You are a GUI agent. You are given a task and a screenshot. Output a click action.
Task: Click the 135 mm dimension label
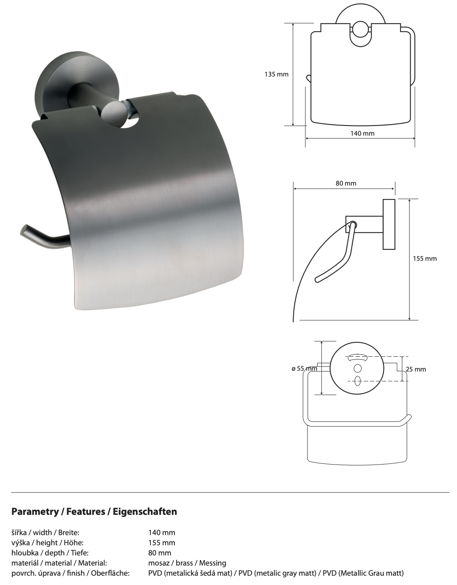tap(276, 74)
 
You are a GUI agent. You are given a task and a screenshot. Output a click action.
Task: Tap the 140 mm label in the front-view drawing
tap(362, 133)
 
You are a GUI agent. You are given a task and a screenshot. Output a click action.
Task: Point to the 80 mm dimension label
tap(346, 183)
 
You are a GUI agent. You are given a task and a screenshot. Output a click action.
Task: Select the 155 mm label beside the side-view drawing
tap(425, 259)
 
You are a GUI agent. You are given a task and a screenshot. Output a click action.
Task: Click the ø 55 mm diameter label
tap(304, 368)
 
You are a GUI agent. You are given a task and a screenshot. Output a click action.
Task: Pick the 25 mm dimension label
tap(416, 369)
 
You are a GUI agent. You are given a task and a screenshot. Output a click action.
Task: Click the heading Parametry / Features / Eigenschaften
tap(94, 511)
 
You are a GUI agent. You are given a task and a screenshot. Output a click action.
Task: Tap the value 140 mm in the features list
tap(162, 533)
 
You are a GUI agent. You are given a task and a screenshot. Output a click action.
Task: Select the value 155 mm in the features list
tap(162, 543)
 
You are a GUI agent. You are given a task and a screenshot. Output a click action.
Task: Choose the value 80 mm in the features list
tap(160, 553)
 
